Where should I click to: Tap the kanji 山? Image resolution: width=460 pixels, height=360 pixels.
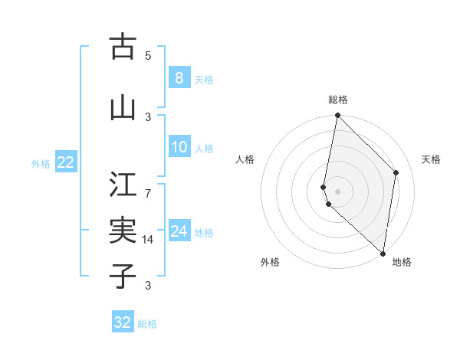(122, 108)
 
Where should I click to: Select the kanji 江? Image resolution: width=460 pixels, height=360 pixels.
(122, 184)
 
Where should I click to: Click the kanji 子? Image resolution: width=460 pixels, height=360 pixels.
(122, 276)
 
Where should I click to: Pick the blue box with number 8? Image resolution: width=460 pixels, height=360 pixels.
(179, 77)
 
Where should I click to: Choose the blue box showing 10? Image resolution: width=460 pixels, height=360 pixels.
(179, 147)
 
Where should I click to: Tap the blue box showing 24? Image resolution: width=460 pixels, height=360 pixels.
(179, 231)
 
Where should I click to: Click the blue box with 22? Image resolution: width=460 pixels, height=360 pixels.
(66, 162)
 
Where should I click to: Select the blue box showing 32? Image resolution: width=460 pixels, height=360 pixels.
(123, 322)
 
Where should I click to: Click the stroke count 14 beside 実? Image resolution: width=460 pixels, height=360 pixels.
(148, 240)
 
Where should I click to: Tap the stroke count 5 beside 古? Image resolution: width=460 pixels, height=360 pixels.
(148, 56)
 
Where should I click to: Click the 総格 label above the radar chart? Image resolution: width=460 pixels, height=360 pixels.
(338, 100)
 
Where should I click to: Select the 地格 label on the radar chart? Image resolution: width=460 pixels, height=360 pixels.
(402, 262)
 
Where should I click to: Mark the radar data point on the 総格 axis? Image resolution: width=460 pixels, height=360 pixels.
(337, 116)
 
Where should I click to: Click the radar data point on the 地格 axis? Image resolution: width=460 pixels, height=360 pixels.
(383, 253)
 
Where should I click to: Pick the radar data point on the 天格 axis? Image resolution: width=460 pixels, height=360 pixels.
(396, 172)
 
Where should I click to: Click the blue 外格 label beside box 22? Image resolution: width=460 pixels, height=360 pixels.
(41, 162)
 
